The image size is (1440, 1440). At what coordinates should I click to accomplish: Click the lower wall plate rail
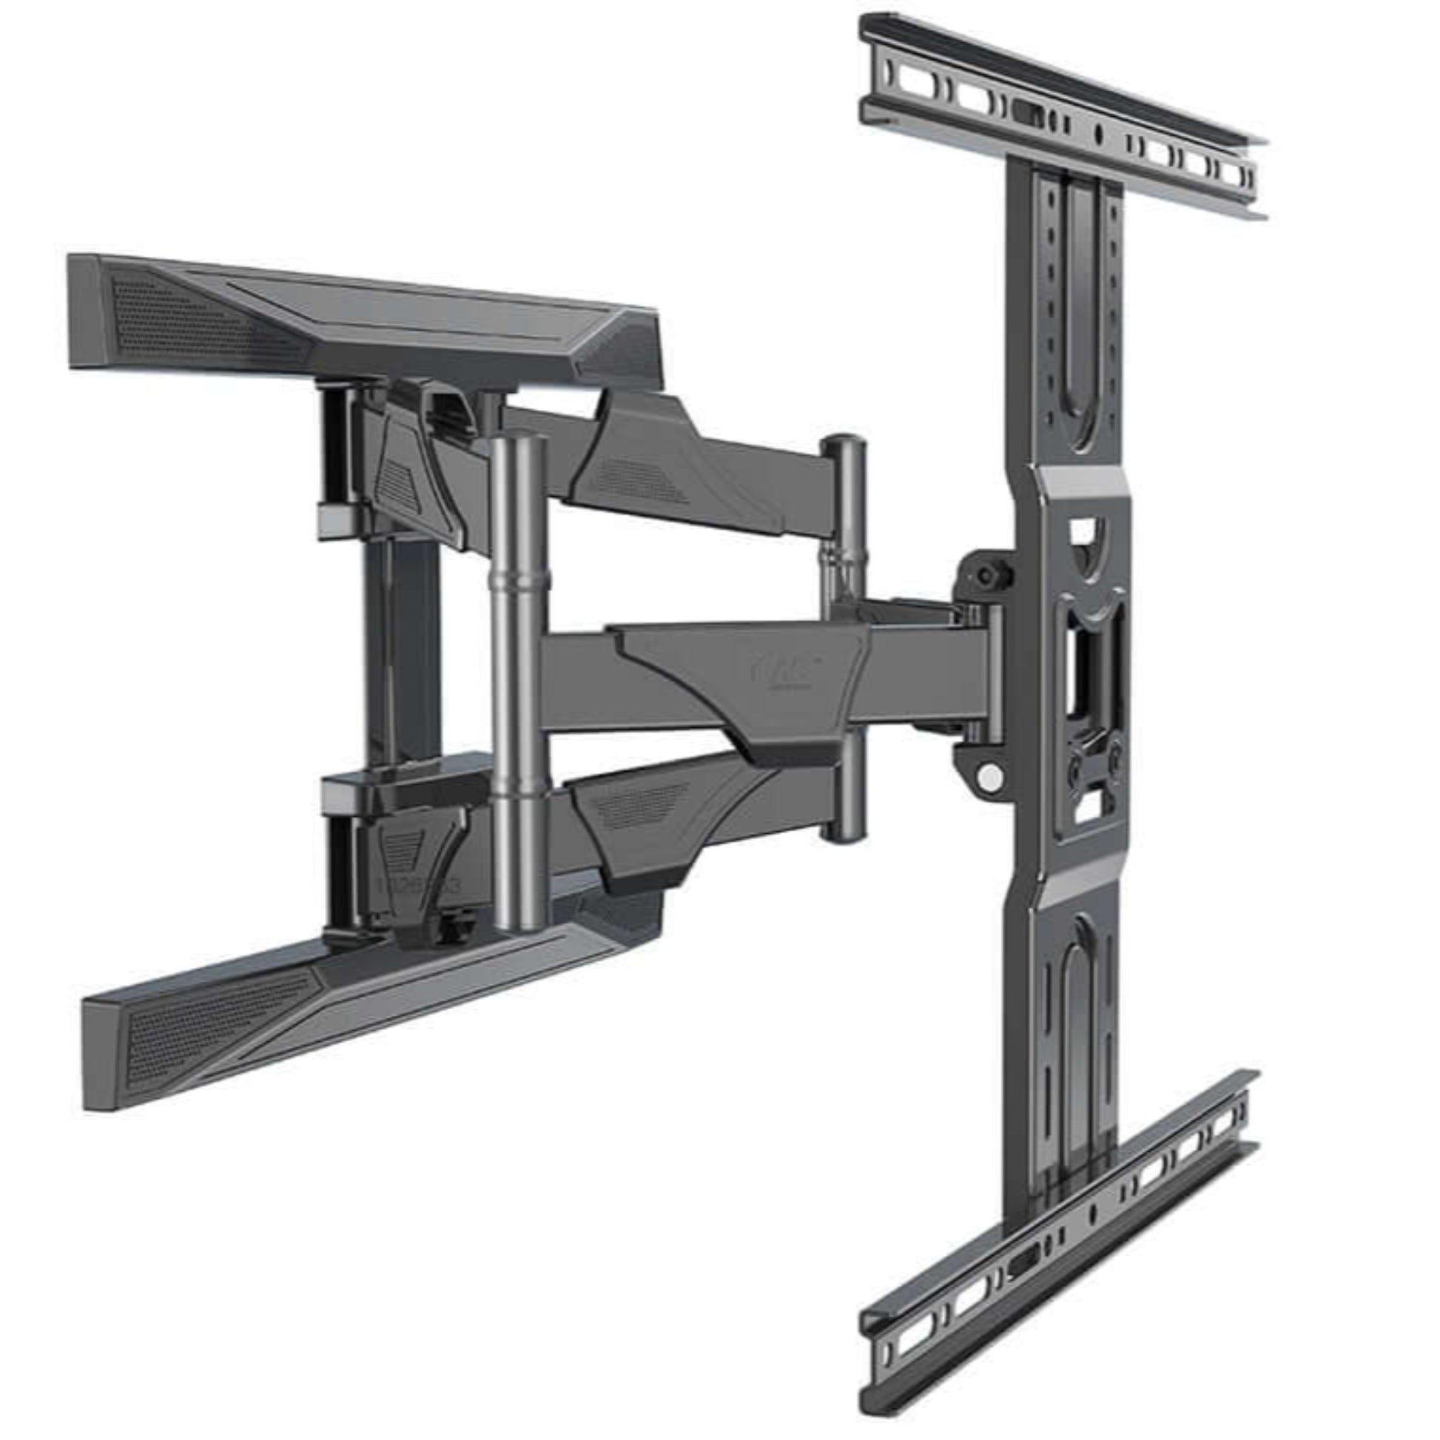click(357, 999)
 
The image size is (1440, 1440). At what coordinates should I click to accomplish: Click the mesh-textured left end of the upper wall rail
click(186, 320)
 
